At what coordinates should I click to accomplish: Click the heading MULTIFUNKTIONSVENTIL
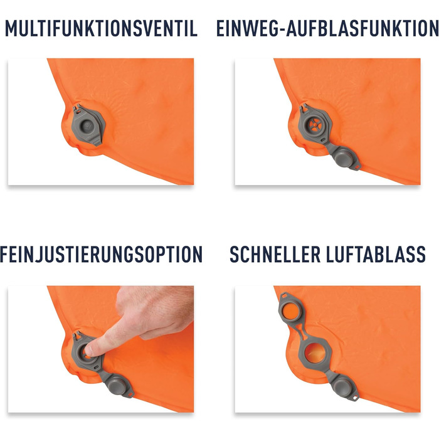tap(101, 28)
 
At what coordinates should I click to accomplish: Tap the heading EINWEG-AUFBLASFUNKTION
tap(327, 28)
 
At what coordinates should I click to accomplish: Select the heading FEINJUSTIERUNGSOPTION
tap(101, 254)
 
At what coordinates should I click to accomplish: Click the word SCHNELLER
tap(275, 254)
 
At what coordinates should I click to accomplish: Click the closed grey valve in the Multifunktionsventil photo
tap(88, 125)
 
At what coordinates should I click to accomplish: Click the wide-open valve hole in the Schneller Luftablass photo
tap(315, 353)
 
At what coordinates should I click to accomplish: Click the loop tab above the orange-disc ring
tap(285, 295)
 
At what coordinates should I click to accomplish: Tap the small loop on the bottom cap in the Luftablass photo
tap(356, 398)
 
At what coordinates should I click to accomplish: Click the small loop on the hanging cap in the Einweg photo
tap(357, 167)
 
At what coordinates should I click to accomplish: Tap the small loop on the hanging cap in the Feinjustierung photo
tap(130, 394)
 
